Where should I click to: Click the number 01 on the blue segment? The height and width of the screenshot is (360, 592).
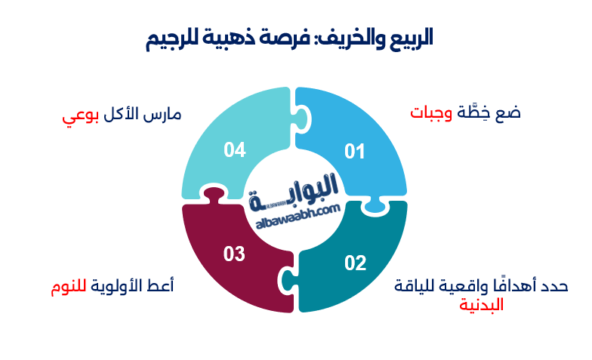click(x=354, y=152)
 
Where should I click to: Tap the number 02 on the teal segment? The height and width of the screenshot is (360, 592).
click(x=355, y=263)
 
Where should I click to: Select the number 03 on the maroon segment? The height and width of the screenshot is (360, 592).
click(x=234, y=254)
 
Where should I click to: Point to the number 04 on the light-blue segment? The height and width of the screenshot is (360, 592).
click(x=235, y=150)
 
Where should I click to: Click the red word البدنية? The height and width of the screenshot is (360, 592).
click(x=481, y=306)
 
